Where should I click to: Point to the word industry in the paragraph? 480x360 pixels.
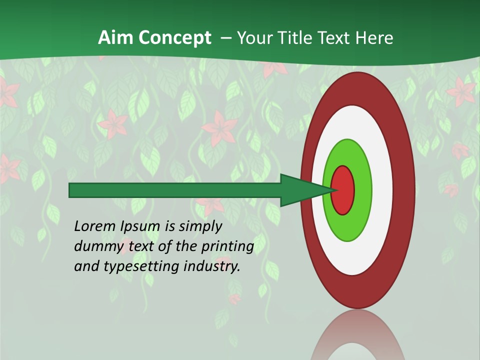tap(212, 266)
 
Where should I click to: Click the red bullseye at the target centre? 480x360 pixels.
tap(343, 190)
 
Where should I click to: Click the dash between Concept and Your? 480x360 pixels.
tap(226, 38)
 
